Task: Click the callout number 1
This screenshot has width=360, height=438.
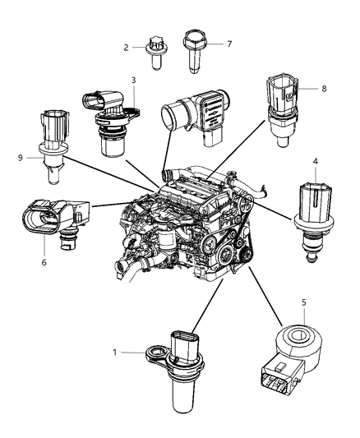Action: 136,353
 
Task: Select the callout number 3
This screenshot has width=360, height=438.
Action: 132,81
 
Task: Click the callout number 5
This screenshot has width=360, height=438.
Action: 304,302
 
